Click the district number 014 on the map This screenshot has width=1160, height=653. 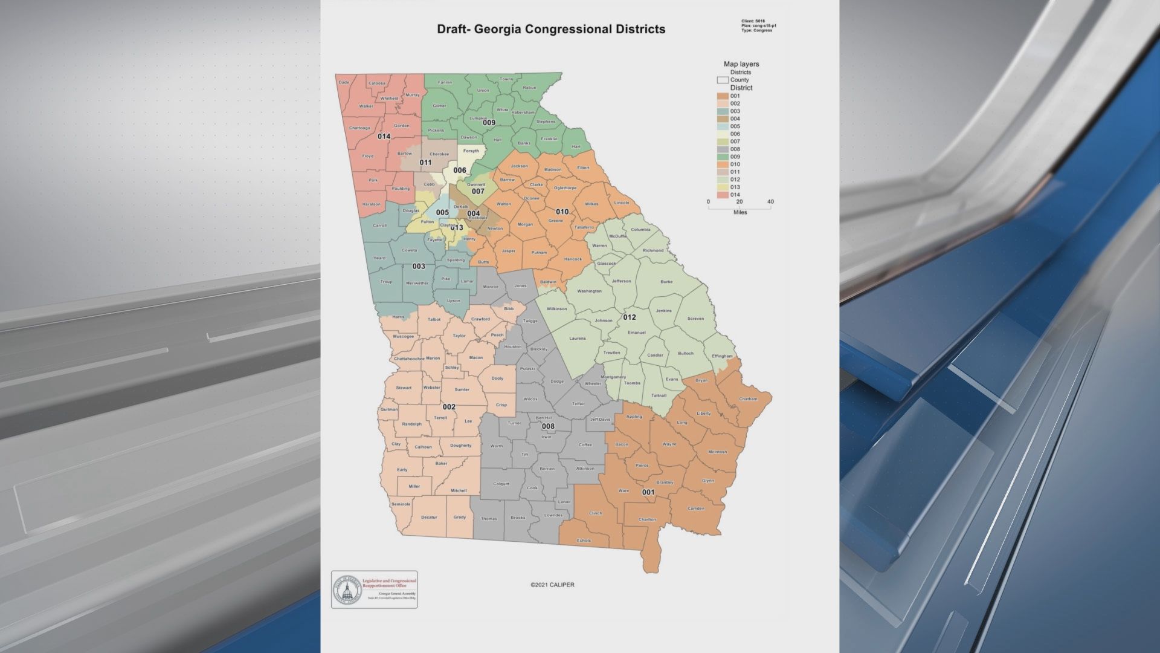click(384, 137)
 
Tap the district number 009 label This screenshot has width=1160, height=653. click(489, 123)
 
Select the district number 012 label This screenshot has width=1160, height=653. click(630, 317)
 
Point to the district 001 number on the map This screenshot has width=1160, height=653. click(648, 492)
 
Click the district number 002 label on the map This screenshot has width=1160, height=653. click(449, 407)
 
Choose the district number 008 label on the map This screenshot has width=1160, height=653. click(548, 426)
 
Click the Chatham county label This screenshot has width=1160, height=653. click(748, 399)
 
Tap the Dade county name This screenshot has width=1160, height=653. click(344, 83)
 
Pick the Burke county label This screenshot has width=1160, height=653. click(666, 282)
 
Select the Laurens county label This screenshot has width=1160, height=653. click(578, 339)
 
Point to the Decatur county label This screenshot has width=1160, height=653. click(429, 518)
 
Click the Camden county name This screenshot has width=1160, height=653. click(696, 508)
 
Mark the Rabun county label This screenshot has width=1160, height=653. click(529, 88)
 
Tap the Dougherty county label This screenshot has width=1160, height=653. click(460, 446)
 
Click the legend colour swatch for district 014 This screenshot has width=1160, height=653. click(723, 195)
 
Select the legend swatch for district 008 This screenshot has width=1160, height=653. click(723, 149)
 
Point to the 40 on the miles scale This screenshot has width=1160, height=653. click(770, 202)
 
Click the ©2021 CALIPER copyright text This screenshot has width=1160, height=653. click(553, 585)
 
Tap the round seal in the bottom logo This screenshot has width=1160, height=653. click(347, 590)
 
